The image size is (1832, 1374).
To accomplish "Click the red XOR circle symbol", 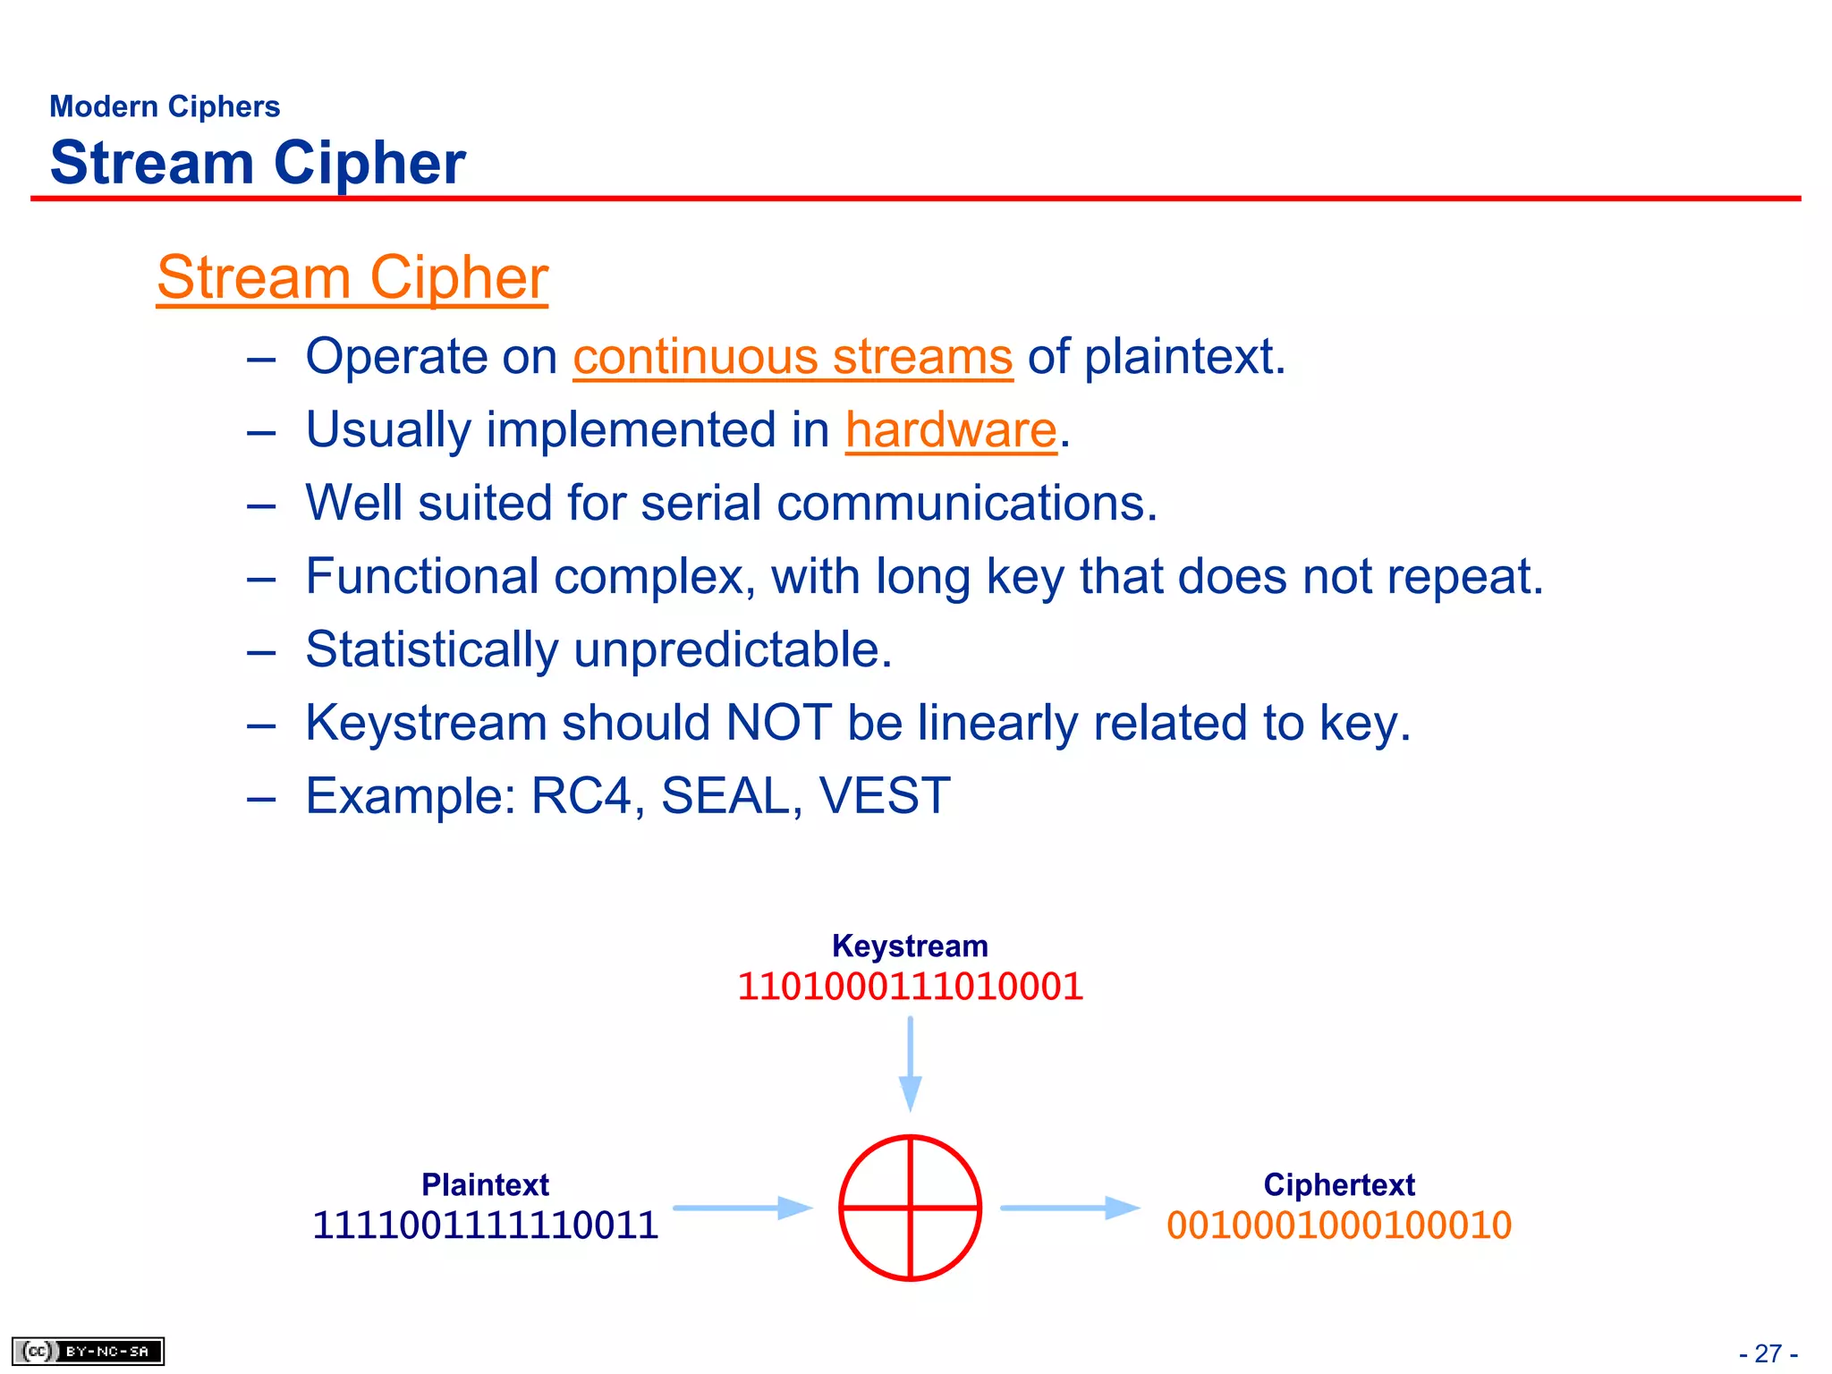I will coord(910,1208).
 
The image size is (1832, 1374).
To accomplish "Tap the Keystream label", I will coord(910,946).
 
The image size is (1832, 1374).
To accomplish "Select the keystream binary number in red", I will coord(910,987).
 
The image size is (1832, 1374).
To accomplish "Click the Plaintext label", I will coord(485,1184).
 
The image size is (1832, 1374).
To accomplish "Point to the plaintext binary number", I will coord(485,1225).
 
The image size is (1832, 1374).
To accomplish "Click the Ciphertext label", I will coord(1338,1184).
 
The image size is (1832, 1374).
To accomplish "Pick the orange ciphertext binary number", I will coord(1338,1225).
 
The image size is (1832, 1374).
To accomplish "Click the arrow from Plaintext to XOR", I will coord(742,1208).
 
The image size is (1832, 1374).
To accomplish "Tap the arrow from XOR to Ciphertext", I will coord(1069,1208).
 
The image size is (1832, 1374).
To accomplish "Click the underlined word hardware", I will coord(951,430).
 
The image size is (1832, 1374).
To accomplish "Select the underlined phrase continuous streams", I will coord(793,357).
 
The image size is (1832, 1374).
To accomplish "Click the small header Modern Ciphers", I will coord(165,106).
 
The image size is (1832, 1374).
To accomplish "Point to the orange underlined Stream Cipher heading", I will coord(352,277).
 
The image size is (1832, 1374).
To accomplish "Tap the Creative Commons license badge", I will coord(88,1351).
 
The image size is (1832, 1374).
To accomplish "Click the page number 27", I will coord(1768,1353).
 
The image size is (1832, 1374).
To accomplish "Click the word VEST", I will coord(884,795).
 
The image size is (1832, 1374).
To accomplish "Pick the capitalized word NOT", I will coord(778,723).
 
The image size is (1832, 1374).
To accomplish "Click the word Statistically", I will coord(431,649).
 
